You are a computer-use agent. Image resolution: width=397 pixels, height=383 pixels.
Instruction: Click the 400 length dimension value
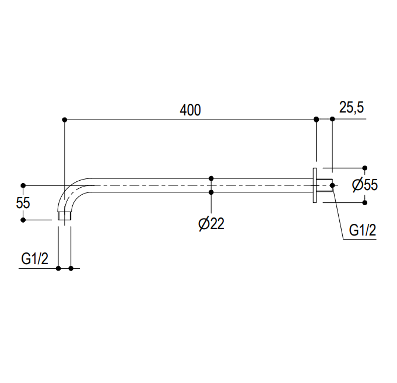190,110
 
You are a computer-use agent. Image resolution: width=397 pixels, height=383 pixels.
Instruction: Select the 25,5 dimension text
352,107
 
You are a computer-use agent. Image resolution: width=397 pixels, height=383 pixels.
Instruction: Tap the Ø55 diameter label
365,185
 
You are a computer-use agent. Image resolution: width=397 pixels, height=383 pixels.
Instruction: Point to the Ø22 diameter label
212,224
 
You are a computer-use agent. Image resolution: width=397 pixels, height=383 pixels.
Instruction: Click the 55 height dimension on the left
23,203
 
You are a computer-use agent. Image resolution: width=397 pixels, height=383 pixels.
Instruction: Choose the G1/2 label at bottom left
35,259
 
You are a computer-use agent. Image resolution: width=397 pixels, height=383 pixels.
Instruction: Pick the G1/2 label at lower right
363,230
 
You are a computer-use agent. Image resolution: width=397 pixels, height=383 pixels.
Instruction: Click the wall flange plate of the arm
315,185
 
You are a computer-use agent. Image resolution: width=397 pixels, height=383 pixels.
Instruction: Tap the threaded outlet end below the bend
64,216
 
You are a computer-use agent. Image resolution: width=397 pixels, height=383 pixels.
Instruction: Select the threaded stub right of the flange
325,185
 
